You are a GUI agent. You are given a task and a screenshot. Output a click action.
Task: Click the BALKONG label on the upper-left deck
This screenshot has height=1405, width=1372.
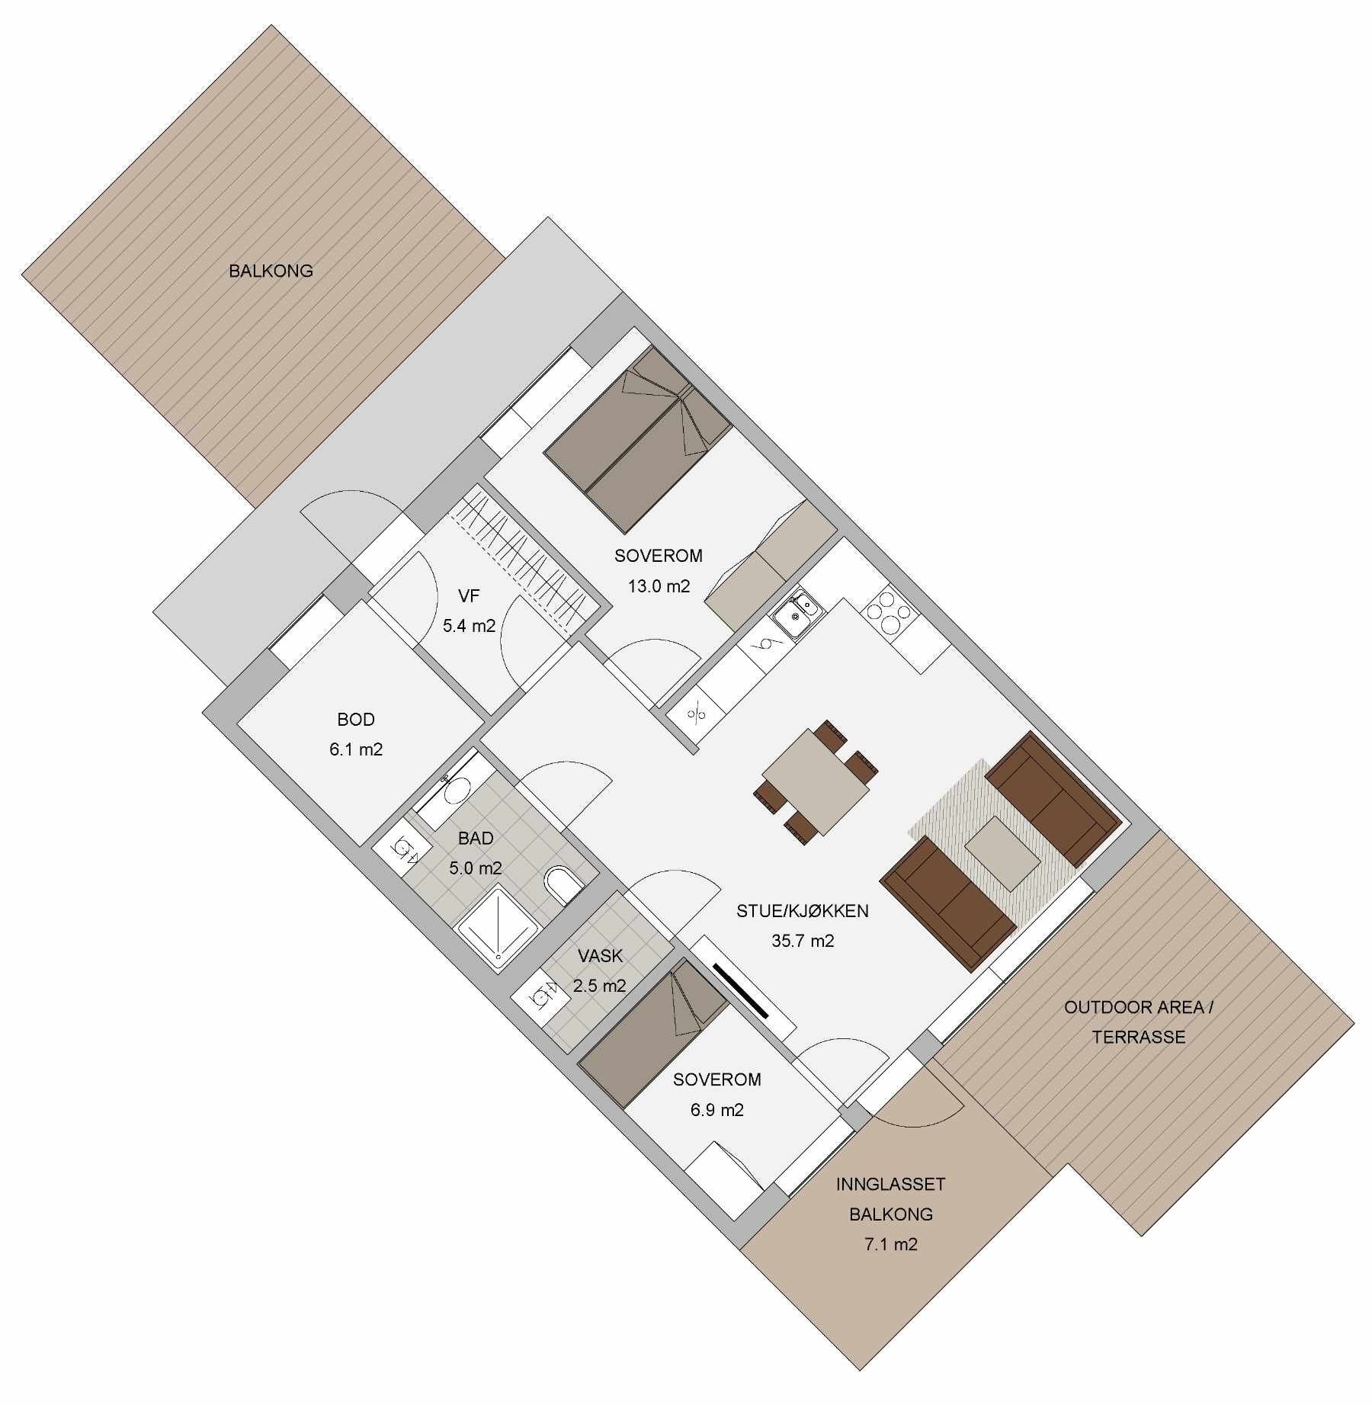pos(271,271)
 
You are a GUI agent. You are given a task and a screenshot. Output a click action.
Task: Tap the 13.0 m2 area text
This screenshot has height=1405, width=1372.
pos(659,586)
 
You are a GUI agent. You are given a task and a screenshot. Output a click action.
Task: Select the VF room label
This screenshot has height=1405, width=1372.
pos(469,596)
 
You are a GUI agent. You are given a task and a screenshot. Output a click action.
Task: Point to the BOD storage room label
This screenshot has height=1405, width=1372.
pos(356,720)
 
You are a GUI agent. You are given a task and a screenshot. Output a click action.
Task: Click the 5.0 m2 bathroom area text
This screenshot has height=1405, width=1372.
pos(476,868)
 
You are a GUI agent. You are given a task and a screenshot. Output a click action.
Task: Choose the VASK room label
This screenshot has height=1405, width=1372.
pos(600,956)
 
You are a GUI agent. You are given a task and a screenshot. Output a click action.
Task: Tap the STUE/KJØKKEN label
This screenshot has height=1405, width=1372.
pos(803,911)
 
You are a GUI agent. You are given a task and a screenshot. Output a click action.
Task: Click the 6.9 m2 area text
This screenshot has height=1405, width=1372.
pos(717,1110)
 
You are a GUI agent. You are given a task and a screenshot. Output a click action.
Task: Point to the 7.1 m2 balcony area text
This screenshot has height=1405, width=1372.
pos(891,1244)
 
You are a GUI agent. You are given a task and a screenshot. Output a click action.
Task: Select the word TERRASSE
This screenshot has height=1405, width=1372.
pos(1139,1037)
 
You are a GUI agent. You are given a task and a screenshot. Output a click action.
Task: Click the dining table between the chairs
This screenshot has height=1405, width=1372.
pos(816,782)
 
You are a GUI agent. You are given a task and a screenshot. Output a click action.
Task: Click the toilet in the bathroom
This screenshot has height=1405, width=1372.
pos(563,885)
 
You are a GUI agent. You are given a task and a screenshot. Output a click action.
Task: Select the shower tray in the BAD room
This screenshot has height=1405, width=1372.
pos(498,927)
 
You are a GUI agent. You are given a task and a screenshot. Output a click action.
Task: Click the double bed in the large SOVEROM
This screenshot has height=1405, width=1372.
pos(637,440)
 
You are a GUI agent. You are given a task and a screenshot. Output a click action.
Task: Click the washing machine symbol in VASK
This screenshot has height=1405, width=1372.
pos(541,996)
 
